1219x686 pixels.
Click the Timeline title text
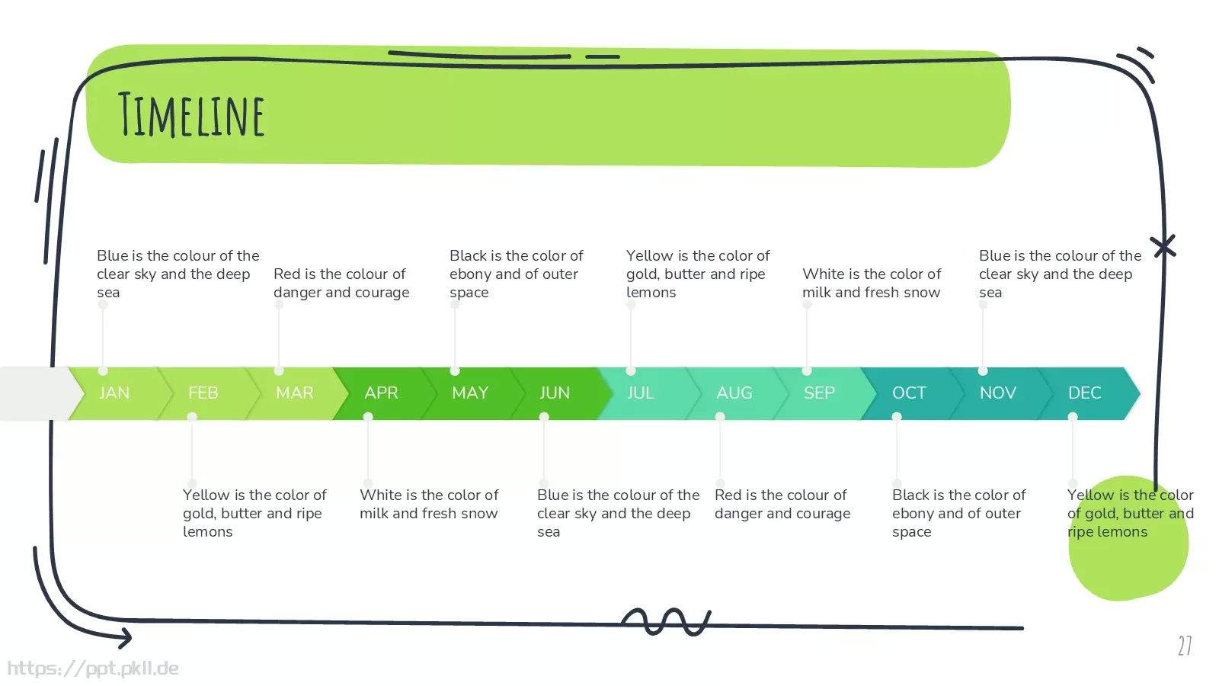point(191,114)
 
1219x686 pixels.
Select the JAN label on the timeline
point(114,393)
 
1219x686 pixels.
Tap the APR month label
point(381,393)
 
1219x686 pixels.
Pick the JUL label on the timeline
point(641,393)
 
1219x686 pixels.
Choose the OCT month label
point(909,393)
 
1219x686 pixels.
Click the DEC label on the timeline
point(1085,393)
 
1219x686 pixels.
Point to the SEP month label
point(819,393)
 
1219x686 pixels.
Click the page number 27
point(1185,646)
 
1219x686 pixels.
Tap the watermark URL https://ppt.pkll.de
point(93,668)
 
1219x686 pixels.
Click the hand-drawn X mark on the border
point(1163,247)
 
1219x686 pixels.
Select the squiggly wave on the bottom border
point(666,622)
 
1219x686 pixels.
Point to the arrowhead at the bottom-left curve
point(126,638)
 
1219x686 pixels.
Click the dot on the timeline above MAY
point(455,371)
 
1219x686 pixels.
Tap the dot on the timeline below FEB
point(191,417)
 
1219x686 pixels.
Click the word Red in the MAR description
point(285,274)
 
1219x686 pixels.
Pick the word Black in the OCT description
point(910,495)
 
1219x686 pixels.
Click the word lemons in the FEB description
point(208,531)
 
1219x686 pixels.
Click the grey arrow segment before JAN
point(38,393)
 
